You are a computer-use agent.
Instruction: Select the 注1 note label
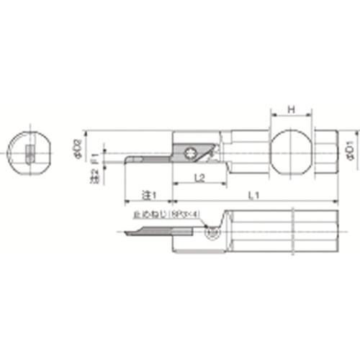(x=148, y=194)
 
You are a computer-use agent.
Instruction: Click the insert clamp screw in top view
(x=191, y=151)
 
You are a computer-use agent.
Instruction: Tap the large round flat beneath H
(x=292, y=150)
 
